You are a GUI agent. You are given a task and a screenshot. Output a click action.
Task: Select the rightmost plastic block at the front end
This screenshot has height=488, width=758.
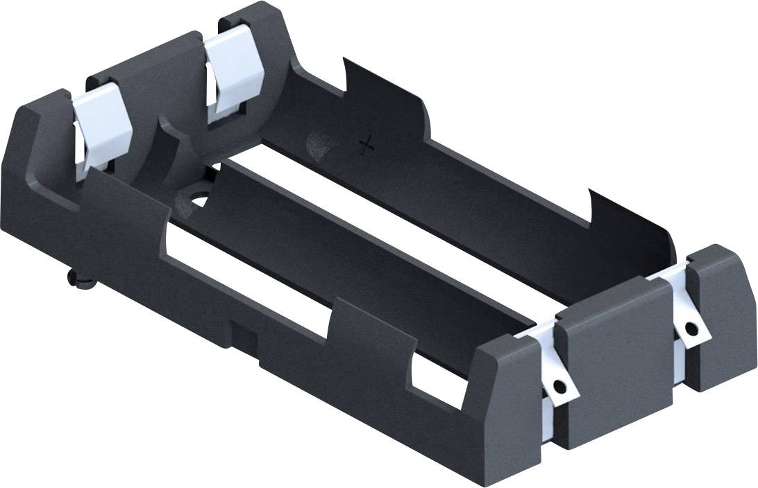pos(722,315)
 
